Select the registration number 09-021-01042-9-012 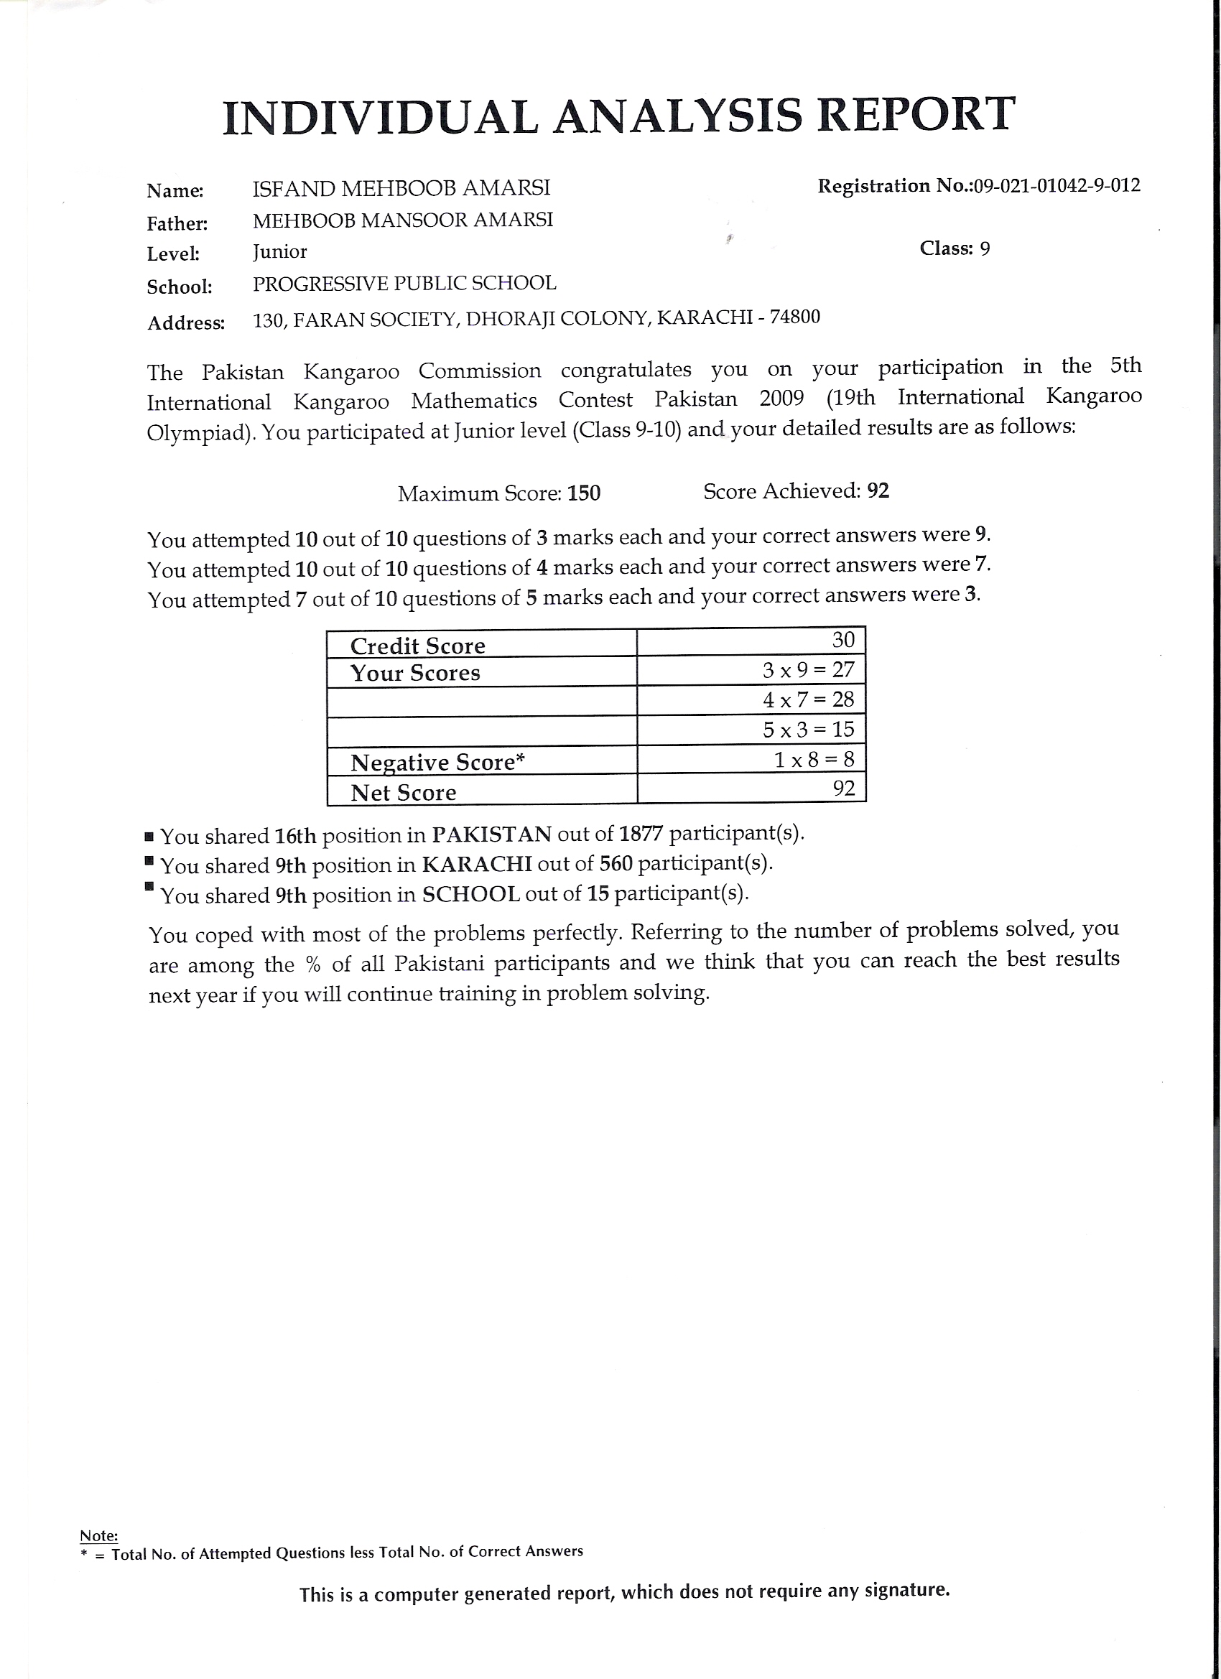[1057, 185]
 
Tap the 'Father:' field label [177, 223]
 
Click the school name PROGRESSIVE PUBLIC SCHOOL [404, 284]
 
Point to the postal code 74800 [794, 317]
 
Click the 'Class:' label [945, 248]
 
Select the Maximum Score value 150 [583, 493]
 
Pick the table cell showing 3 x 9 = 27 [809, 670]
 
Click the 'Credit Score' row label [417, 646]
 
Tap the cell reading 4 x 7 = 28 [809, 699]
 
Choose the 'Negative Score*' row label [437, 762]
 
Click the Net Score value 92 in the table [843, 788]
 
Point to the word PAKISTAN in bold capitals [492, 834]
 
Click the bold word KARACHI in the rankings [477, 864]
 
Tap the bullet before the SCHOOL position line [149, 886]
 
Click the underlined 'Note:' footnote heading [98, 1535]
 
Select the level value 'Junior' [279, 251]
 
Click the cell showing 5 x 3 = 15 [809, 729]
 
